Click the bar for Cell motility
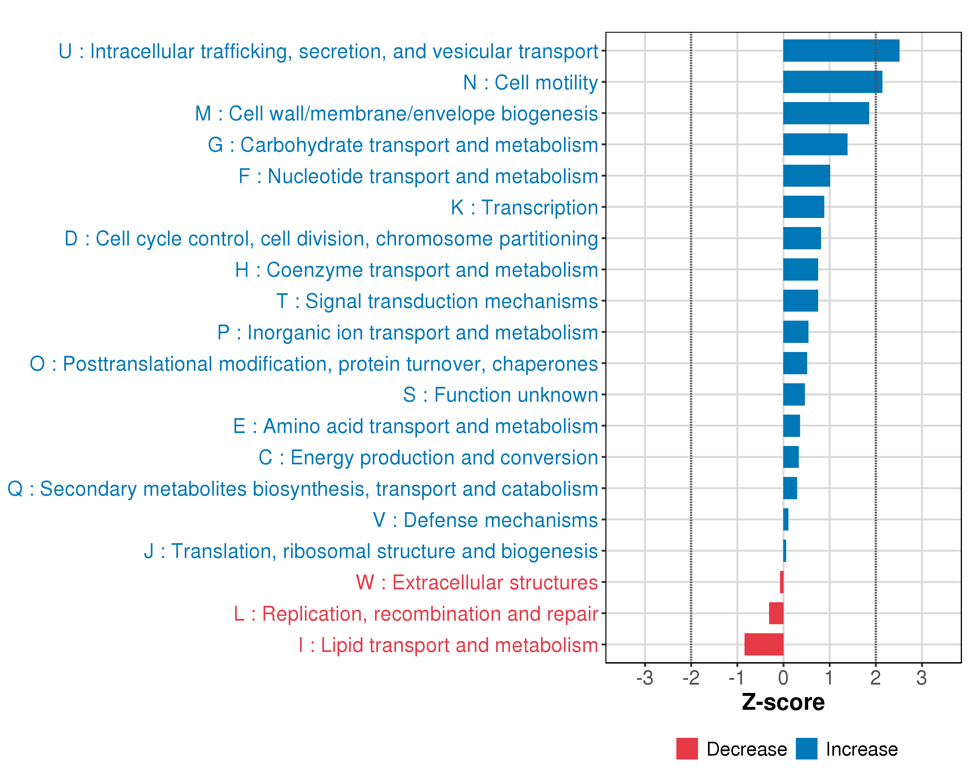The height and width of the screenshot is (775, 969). click(832, 82)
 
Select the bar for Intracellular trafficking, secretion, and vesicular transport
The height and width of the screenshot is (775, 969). click(841, 50)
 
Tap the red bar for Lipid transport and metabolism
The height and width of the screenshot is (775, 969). click(764, 644)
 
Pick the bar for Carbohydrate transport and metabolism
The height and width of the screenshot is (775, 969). click(815, 144)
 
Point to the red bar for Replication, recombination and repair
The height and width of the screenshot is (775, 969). click(776, 613)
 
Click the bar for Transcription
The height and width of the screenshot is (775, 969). click(803, 207)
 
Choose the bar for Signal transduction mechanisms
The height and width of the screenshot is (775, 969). click(800, 301)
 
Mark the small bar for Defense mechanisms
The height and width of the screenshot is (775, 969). click(786, 519)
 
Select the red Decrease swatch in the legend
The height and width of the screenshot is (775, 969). click(687, 749)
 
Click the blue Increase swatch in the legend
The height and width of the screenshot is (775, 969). click(806, 749)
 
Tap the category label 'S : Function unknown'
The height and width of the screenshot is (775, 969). click(500, 395)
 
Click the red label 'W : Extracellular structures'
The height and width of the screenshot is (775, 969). click(477, 582)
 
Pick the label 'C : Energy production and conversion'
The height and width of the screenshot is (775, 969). click(428, 457)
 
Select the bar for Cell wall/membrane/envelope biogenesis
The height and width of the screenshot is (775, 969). click(826, 113)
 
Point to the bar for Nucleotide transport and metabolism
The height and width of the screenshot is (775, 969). click(806, 176)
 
